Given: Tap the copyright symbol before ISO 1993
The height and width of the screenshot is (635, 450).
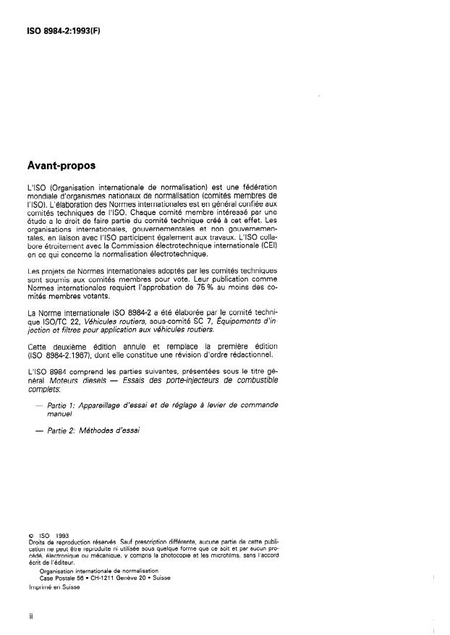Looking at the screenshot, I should (x=30, y=537).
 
